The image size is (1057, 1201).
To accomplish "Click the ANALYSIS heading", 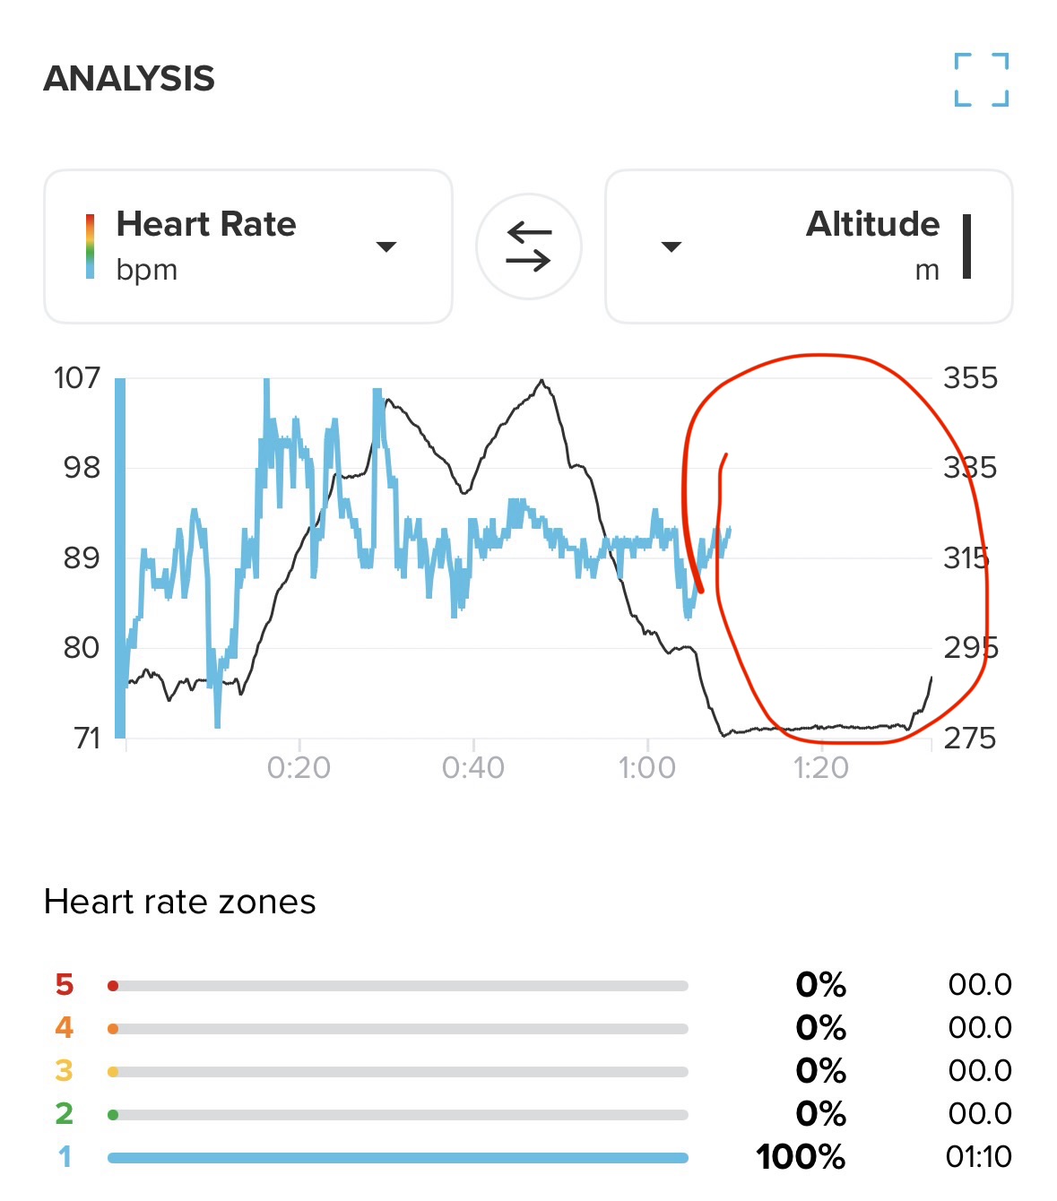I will click(x=129, y=79).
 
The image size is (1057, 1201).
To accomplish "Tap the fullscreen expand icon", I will click(x=981, y=80).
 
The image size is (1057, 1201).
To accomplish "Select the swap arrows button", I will click(x=528, y=246).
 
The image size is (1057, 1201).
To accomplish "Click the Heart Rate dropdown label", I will click(x=206, y=224).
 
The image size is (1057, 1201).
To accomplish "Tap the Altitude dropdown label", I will click(x=872, y=224).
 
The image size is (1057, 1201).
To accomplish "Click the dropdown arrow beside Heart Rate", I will click(x=386, y=246).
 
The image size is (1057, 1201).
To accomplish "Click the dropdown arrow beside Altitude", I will click(x=671, y=246).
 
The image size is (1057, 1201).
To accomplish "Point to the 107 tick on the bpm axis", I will click(x=77, y=378).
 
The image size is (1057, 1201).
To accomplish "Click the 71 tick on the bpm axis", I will click(x=87, y=739).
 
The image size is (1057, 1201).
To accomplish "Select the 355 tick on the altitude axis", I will click(x=970, y=378).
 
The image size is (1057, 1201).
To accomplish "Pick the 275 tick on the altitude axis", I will click(x=970, y=739).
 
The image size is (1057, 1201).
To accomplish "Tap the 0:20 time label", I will click(x=299, y=768).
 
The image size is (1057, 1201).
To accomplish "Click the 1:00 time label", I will click(x=647, y=768).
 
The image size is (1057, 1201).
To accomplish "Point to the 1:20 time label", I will click(x=821, y=768).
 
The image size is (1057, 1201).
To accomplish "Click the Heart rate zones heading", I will click(x=179, y=902).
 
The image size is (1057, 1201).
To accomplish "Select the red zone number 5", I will click(x=64, y=985).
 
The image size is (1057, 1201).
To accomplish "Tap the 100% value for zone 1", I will click(x=801, y=1157).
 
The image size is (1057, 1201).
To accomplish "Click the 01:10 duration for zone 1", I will click(x=979, y=1157).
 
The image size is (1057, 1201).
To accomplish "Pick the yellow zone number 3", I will click(x=64, y=1071).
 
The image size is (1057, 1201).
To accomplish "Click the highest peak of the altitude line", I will click(x=541, y=381).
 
